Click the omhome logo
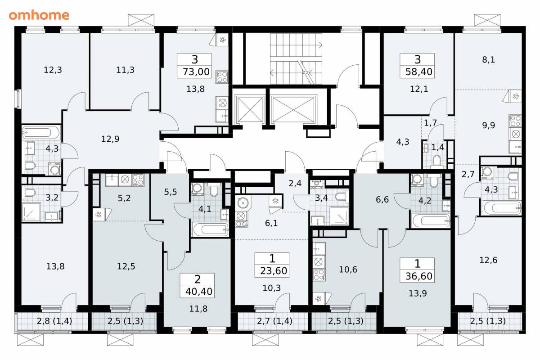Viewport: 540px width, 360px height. pyautogui.click(x=39, y=15)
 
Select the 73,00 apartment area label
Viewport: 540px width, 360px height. pyautogui.click(x=196, y=72)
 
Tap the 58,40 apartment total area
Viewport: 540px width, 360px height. pyautogui.click(x=419, y=72)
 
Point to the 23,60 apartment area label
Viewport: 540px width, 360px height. pyautogui.click(x=274, y=271)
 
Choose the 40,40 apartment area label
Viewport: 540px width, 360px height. pyautogui.click(x=199, y=292)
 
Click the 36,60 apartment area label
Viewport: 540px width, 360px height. pyautogui.click(x=419, y=276)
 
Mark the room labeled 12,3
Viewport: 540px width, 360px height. pyautogui.click(x=53, y=70)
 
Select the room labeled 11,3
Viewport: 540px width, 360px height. pyautogui.click(x=125, y=70)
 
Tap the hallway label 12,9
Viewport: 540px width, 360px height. pyautogui.click(x=110, y=139)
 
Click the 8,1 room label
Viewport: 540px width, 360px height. pyautogui.click(x=488, y=59)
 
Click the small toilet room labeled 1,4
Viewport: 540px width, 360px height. pyautogui.click(x=437, y=147)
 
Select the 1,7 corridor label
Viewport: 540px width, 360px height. pyautogui.click(x=430, y=123)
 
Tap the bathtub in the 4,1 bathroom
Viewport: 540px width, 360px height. pyautogui.click(x=211, y=229)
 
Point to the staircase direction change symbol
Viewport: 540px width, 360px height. pyautogui.click(x=306, y=72)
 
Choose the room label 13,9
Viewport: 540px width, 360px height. pyautogui.click(x=418, y=293)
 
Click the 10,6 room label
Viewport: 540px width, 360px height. pyautogui.click(x=348, y=270)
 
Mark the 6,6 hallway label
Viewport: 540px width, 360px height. pyautogui.click(x=382, y=200)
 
